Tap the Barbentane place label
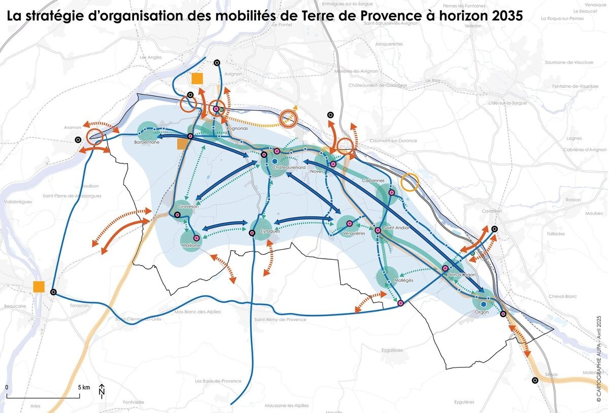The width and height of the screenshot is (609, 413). [147, 142]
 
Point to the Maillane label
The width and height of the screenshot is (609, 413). [189, 246]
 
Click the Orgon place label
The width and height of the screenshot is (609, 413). [482, 312]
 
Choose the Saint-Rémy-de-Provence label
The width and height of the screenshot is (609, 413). [281, 320]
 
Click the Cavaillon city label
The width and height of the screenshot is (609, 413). [492, 211]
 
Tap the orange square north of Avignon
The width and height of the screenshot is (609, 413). [197, 79]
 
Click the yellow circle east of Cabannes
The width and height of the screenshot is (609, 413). [410, 183]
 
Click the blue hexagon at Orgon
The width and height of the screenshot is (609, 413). [484, 304]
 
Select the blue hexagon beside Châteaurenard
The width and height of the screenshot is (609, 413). [267, 162]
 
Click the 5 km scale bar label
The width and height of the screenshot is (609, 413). [84, 387]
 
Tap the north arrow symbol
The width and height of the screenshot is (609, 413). [102, 390]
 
